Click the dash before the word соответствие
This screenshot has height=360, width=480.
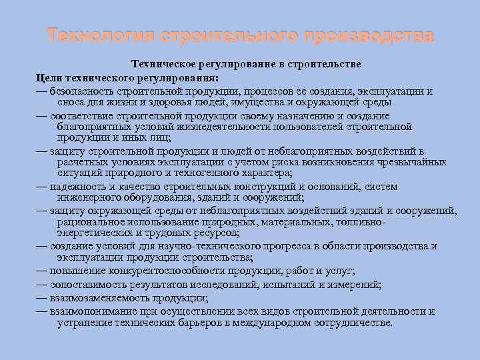pos(42,115)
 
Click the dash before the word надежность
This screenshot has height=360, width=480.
pos(42,187)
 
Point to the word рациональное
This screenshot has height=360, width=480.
pos(87,223)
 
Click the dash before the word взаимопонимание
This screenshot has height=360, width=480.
pos(42,311)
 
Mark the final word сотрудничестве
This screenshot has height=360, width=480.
pos(351,323)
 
